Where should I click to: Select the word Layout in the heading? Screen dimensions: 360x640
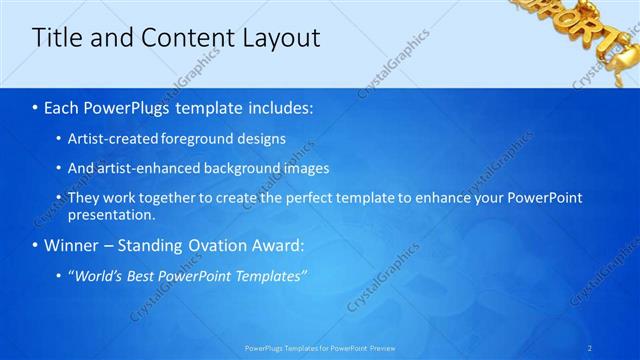point(281,38)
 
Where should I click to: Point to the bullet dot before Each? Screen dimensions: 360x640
point(35,106)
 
